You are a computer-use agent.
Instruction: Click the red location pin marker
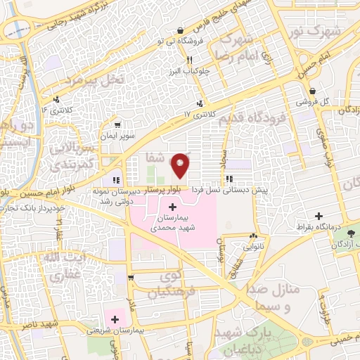point(181,165)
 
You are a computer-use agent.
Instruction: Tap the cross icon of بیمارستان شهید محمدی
point(173,207)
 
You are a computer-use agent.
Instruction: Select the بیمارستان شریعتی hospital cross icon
point(115,319)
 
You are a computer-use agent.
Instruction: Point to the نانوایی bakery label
point(254,247)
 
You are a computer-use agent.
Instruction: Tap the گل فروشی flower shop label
point(314,101)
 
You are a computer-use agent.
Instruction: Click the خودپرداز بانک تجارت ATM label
point(34,209)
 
